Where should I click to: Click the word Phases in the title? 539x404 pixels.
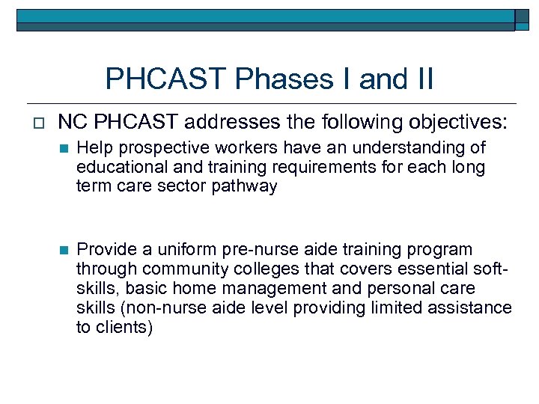(x=264, y=79)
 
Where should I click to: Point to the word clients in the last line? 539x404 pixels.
(x=121, y=328)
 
